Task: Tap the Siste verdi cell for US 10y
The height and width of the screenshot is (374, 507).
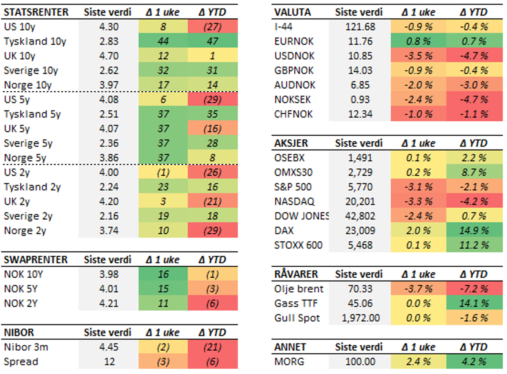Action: tap(109, 27)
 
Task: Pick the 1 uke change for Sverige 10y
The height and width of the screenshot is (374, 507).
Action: tap(162, 71)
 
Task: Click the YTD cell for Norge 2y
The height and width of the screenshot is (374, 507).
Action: tap(212, 230)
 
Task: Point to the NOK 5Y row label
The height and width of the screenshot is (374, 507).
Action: tap(22, 289)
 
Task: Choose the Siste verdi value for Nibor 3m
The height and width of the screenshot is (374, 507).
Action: tap(109, 347)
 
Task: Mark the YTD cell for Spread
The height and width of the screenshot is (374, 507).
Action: tap(212, 362)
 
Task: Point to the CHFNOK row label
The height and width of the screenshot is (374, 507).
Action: tap(293, 114)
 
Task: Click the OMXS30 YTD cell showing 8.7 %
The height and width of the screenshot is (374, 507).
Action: tap(473, 172)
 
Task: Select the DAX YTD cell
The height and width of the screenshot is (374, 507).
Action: tap(473, 230)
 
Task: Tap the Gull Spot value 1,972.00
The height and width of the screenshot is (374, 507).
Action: tap(359, 318)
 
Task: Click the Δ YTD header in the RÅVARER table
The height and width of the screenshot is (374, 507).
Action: tap(473, 274)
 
